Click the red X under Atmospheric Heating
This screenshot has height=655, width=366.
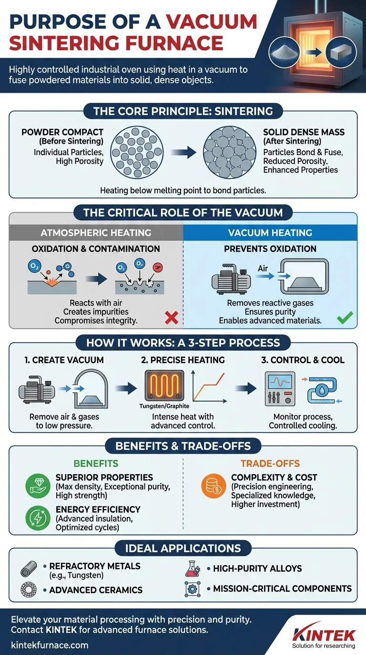[x=171, y=318]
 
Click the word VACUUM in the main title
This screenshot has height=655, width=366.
[x=212, y=22]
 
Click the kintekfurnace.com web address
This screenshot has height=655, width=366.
[x=49, y=645]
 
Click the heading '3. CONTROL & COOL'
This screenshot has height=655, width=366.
[x=303, y=360]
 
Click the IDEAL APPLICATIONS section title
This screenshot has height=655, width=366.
[x=183, y=548]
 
